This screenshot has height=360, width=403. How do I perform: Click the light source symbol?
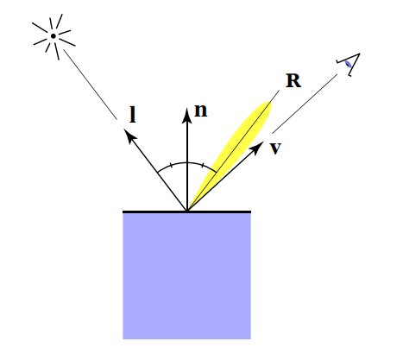(x=54, y=36)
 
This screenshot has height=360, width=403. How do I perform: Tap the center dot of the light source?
(x=54, y=36)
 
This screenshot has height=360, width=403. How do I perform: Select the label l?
(x=133, y=113)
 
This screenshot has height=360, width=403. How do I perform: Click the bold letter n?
(x=201, y=111)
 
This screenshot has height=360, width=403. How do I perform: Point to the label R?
(x=293, y=82)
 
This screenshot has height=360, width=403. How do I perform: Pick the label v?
(x=275, y=148)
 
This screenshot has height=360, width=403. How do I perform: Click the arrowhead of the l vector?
(x=129, y=135)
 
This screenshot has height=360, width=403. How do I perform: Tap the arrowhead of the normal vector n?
(x=187, y=113)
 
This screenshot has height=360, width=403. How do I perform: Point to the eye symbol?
(x=349, y=62)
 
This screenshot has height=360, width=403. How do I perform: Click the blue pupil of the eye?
(x=347, y=63)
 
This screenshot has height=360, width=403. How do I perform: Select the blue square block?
(x=186, y=275)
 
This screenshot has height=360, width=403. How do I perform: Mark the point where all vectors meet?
(x=187, y=210)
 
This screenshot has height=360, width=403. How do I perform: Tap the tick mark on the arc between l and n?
(x=172, y=163)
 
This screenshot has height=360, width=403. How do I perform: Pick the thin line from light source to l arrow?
(x=90, y=83)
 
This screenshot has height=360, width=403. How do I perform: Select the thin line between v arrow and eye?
(x=302, y=104)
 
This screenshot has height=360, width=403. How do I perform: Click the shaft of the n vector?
(x=187, y=164)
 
